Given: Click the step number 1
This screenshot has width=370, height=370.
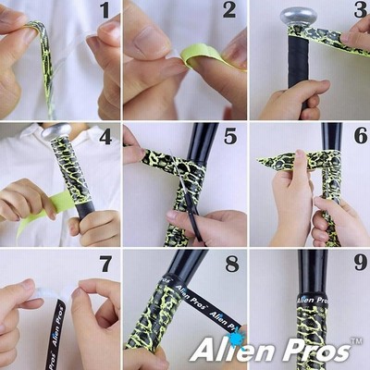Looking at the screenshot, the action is click(105, 10).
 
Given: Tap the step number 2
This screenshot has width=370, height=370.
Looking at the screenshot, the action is click(229, 10).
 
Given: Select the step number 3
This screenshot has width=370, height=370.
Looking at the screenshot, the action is click(361, 10).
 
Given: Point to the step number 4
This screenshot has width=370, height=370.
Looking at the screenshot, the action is click(105, 137).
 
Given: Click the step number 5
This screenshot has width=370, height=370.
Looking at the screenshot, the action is click(230, 137).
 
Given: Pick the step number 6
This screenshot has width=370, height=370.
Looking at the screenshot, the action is click(361, 136).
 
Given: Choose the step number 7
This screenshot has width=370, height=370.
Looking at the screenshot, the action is click(105, 264).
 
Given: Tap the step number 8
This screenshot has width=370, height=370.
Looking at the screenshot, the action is click(232, 264).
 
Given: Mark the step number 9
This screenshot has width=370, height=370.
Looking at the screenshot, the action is click(361, 263).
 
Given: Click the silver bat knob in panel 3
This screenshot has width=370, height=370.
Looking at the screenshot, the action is click(299, 16).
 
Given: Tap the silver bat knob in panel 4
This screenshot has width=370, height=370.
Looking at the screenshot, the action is click(56, 130).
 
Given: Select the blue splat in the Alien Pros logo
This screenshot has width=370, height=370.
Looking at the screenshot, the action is click(236, 339).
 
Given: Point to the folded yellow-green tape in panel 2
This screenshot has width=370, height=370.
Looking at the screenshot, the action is click(210, 57).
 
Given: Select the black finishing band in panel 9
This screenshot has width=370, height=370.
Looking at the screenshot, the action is click(313, 299).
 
